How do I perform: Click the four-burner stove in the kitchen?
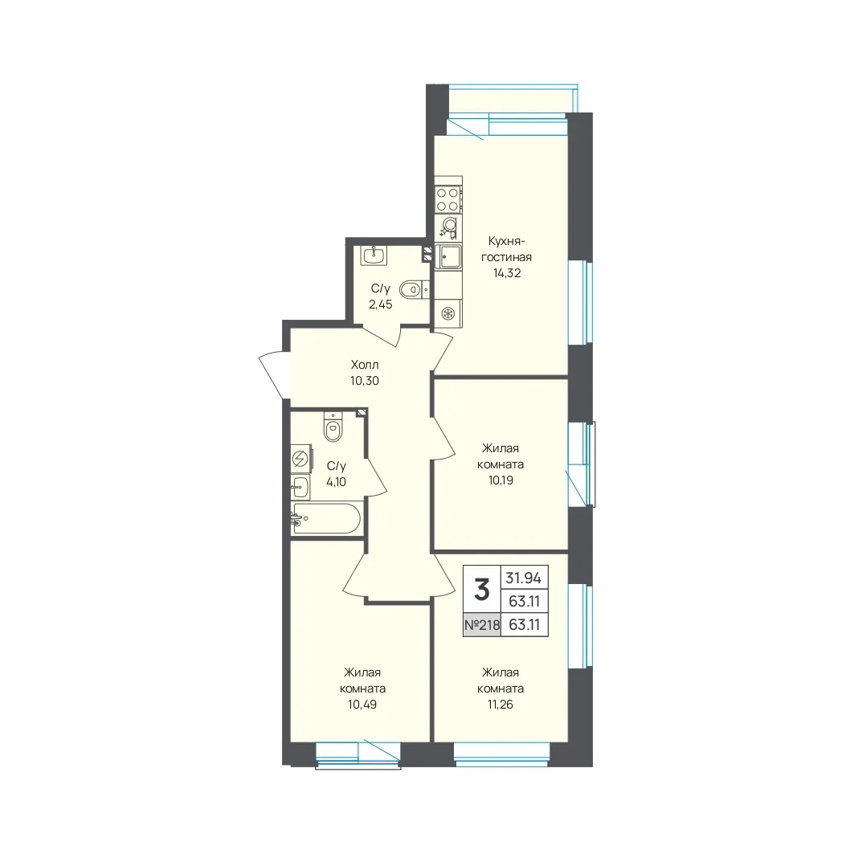click(447, 198)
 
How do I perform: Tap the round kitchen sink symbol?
click(448, 226)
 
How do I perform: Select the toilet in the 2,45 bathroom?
click(414, 290)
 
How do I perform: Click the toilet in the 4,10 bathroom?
click(333, 427)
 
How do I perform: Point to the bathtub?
click(325, 518)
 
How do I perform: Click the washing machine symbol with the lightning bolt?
click(301, 459)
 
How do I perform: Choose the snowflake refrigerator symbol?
click(448, 314)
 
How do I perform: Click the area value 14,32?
click(507, 273)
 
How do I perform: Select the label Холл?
click(365, 365)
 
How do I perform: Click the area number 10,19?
click(501, 480)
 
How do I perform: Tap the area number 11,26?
click(501, 705)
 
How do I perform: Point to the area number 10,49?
click(363, 705)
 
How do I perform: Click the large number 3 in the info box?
click(481, 590)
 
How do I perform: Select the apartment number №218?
click(482, 625)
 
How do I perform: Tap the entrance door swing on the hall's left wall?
click(272, 374)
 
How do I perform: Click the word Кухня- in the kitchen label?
click(507, 241)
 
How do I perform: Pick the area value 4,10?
click(336, 482)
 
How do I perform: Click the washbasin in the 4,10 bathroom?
click(300, 487)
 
